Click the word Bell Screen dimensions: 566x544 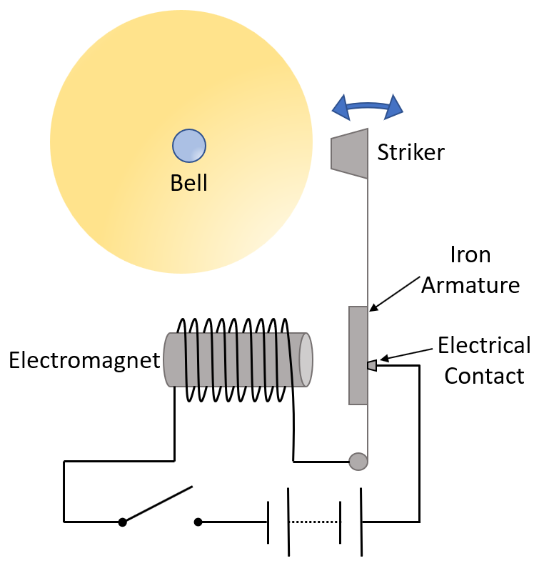pos(188,182)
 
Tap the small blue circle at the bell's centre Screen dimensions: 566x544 pos(189,146)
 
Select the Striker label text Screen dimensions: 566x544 pos(410,152)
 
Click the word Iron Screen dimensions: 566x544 pos(470,255)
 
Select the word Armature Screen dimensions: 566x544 pos(470,285)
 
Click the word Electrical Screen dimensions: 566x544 pos(484,345)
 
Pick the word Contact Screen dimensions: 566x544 pos(484,375)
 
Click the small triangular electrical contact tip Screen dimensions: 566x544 pos(371,365)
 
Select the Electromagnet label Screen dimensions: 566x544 pos(84,359)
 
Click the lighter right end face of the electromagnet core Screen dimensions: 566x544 pos(305,359)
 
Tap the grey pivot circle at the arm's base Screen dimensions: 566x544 pos(358,462)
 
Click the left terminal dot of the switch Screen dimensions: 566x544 pos(122,522)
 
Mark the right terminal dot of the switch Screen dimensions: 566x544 pos(198,522)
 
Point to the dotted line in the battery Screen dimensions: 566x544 pos(315,522)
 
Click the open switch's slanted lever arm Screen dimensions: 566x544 pos(158,505)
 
